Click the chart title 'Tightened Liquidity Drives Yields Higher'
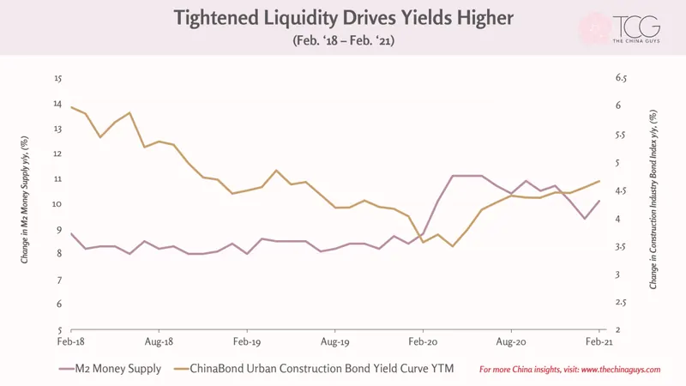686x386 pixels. point(344,18)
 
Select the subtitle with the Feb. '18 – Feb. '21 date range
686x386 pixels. point(344,40)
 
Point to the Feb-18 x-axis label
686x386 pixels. point(71,341)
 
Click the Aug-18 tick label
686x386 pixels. point(159,341)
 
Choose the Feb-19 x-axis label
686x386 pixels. point(247,341)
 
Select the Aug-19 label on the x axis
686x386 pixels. point(335,341)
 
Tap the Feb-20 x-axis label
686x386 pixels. point(423,341)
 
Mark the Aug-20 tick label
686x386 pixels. point(511,341)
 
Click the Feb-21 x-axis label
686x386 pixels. point(599,341)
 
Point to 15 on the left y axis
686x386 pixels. point(58,79)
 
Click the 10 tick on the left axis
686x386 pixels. point(57,204)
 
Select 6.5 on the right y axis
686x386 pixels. point(621,78)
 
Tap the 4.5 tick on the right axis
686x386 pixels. point(621,190)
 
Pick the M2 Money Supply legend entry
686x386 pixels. point(111,369)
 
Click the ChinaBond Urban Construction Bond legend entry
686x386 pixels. point(314,369)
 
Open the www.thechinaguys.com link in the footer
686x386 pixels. point(621,370)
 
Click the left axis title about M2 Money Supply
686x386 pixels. point(25,200)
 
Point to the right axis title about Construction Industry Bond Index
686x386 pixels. point(653,199)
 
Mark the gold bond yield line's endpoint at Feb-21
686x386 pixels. point(599,181)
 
